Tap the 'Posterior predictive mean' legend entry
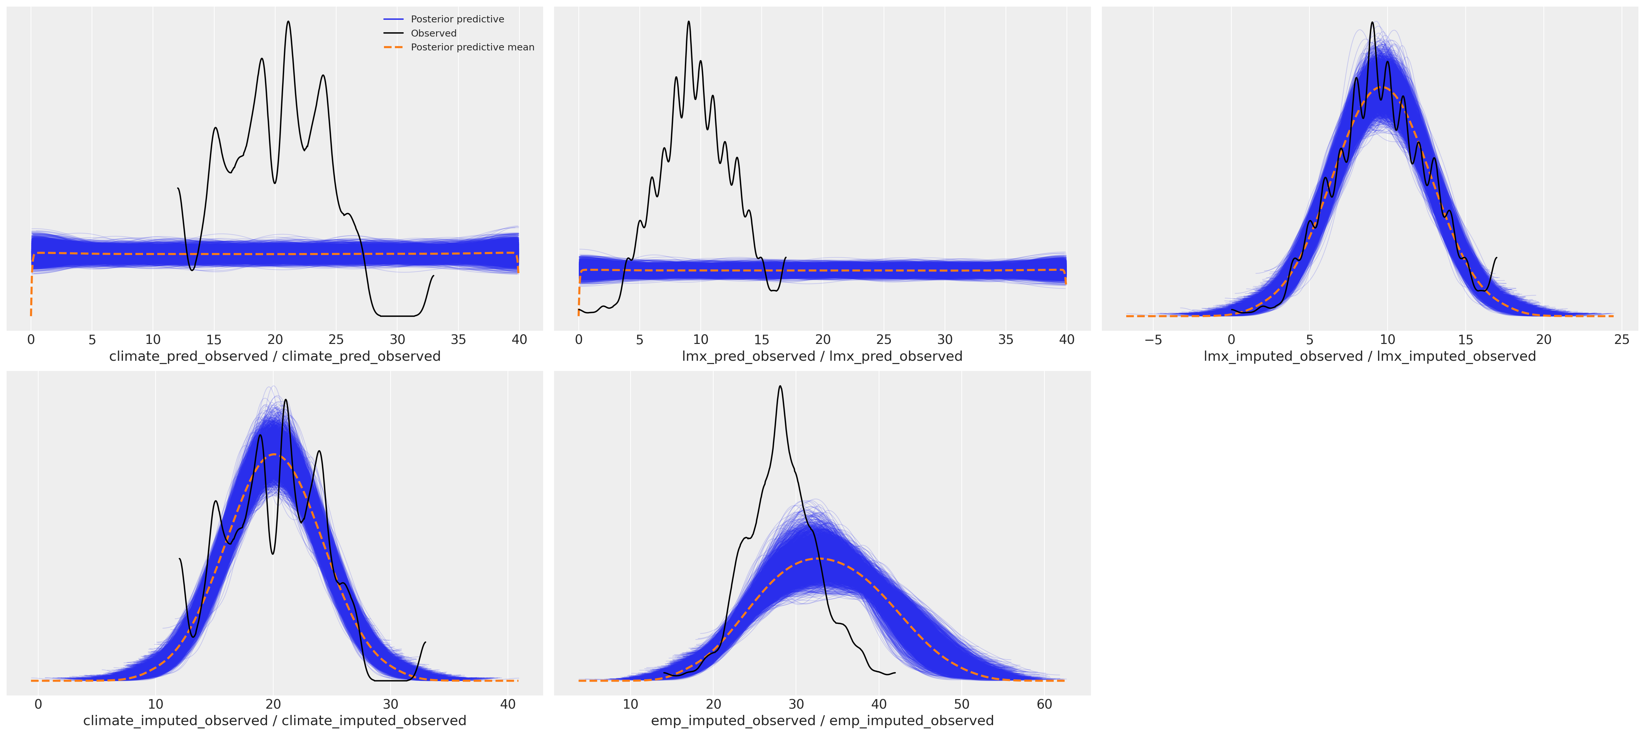click(x=473, y=47)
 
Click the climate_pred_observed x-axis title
click(x=275, y=356)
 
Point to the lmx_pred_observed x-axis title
click(x=822, y=356)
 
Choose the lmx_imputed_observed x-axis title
click(x=1370, y=356)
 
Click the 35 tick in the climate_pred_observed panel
click(x=458, y=340)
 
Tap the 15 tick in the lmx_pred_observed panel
click(x=762, y=340)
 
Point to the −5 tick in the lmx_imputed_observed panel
click(x=1153, y=340)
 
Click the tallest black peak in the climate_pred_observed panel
click(x=288, y=22)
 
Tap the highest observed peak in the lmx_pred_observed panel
click(x=689, y=22)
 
